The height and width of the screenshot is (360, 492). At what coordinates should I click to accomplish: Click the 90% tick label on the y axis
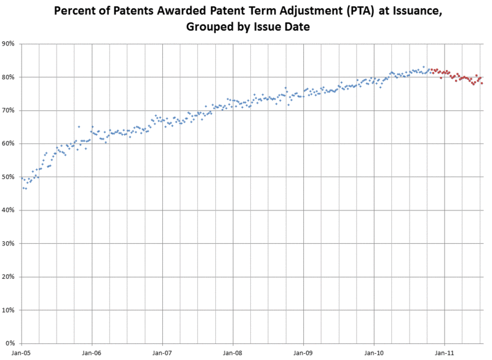coord(10,44)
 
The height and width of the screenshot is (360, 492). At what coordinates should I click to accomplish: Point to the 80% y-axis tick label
coord(10,77)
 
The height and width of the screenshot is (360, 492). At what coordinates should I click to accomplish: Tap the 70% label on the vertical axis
coord(10,110)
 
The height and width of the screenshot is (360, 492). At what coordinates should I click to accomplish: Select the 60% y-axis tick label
coord(10,143)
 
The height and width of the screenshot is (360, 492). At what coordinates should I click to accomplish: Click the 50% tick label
coord(10,177)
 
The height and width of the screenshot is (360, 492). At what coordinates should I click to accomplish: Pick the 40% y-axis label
coord(10,210)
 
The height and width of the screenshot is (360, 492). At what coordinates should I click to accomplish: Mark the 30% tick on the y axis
coord(10,243)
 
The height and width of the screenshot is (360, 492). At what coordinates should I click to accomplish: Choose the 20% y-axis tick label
coord(10,276)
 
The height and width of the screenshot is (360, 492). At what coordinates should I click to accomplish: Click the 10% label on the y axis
coord(10,310)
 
